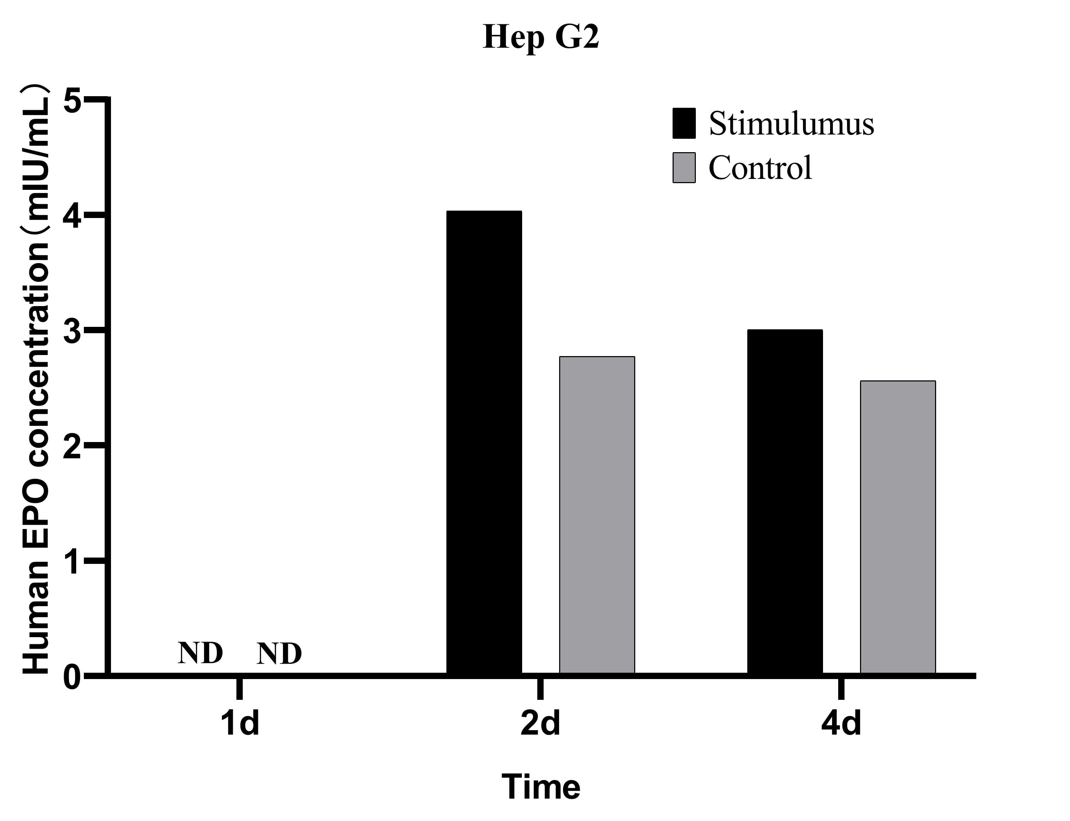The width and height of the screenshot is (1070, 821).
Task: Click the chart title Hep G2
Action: [540, 37]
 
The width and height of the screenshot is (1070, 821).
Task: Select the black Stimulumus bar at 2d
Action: [484, 442]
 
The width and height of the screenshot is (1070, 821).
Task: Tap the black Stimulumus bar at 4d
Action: [785, 502]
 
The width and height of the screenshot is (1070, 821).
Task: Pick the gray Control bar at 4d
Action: [897, 527]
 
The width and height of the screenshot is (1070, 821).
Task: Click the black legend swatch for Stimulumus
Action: [684, 123]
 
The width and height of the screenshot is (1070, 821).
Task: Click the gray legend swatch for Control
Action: [684, 168]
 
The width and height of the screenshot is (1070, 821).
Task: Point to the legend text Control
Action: [760, 168]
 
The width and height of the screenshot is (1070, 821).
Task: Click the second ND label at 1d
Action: [279, 653]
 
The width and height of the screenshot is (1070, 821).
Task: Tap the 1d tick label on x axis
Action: [240, 723]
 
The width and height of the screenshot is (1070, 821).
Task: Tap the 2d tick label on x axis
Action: [540, 723]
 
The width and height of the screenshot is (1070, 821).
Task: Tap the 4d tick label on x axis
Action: [841, 723]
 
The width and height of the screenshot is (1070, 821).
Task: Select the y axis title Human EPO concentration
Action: [36, 379]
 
